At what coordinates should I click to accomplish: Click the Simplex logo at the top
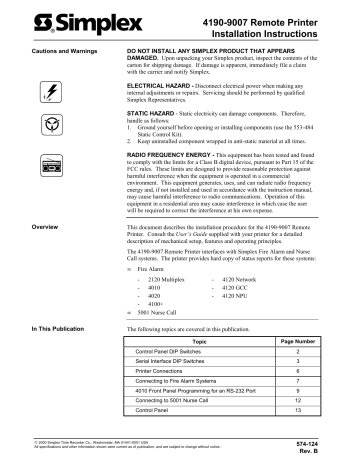click(61, 23)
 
